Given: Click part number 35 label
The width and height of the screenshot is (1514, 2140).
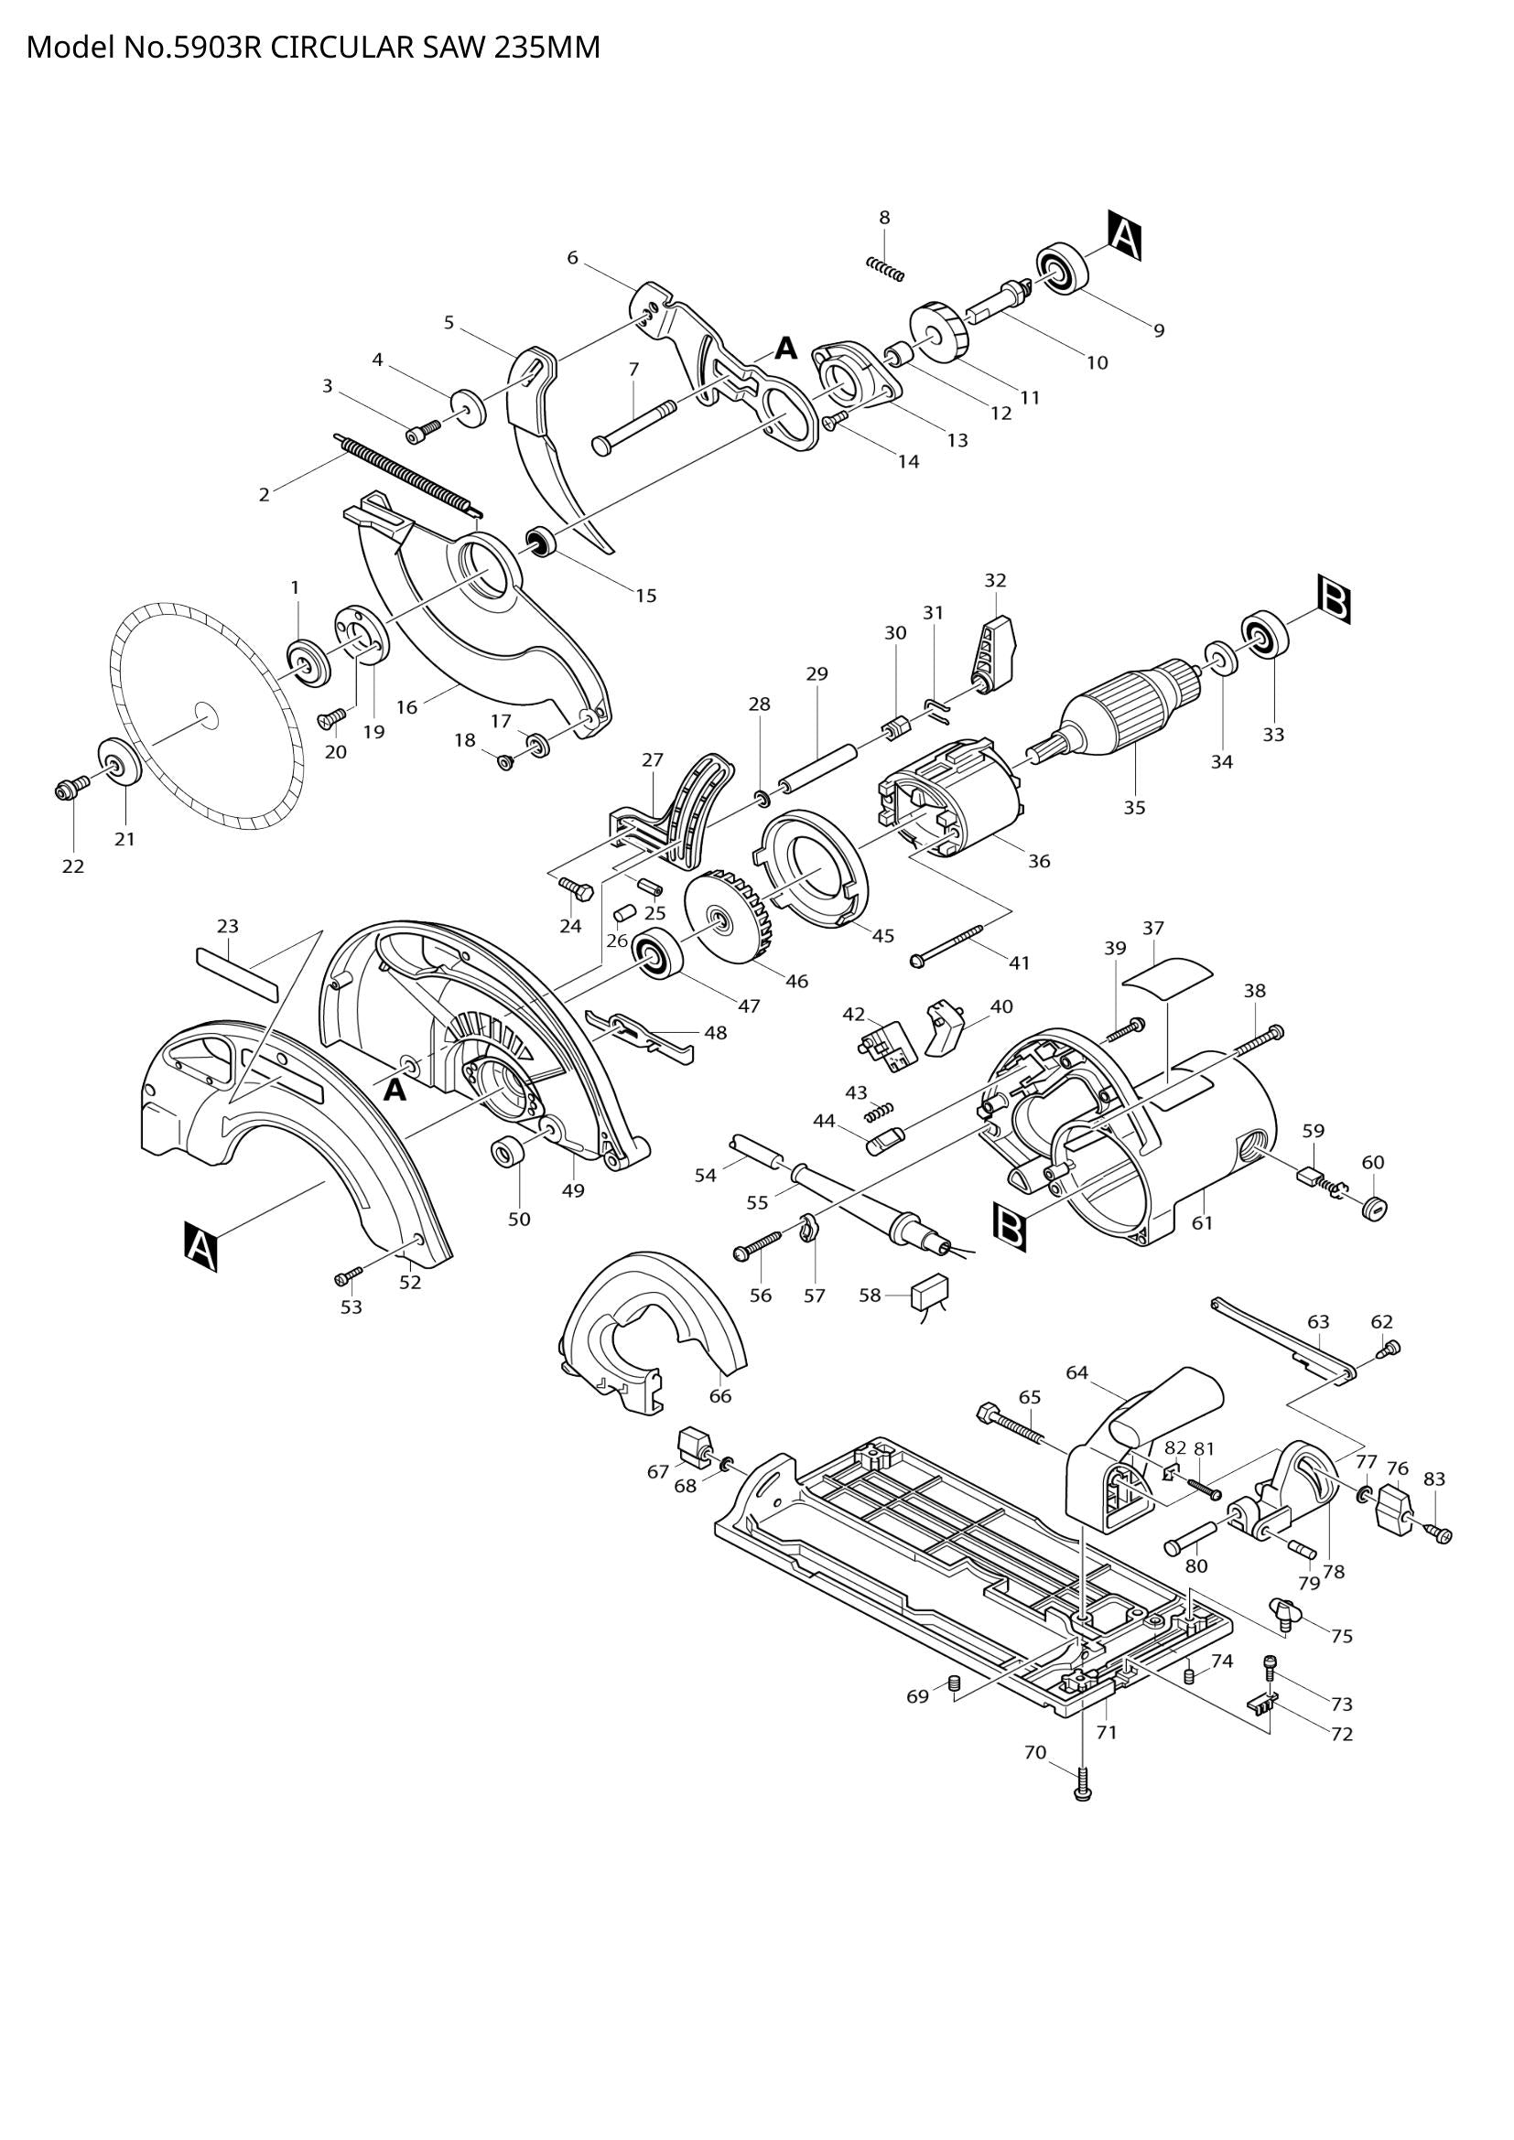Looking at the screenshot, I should click(x=1133, y=807).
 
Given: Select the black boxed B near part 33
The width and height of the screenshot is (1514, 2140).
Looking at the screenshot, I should click(x=1334, y=600).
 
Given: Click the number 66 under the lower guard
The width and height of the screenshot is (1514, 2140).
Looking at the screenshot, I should click(x=719, y=1395).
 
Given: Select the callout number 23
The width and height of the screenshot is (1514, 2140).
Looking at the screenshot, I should click(x=228, y=926).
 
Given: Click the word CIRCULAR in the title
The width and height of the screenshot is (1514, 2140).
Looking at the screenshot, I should click(x=341, y=48).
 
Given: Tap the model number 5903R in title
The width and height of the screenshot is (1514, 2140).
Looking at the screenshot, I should click(x=212, y=48).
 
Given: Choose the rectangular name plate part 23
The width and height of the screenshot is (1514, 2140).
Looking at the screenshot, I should click(x=237, y=974).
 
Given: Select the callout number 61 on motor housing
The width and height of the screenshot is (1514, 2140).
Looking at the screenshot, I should click(x=1203, y=1222).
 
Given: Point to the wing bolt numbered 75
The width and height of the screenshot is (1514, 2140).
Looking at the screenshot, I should click(x=1283, y=1610).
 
